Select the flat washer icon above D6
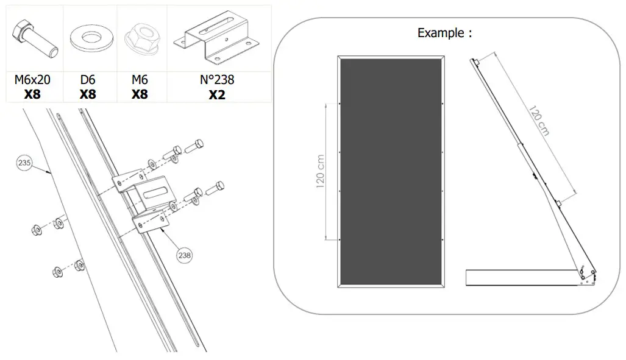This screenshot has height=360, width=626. (88, 40)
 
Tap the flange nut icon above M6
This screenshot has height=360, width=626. (140, 40)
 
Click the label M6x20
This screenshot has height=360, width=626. (32, 80)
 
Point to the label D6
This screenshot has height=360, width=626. (88, 80)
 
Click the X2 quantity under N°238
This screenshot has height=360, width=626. (218, 94)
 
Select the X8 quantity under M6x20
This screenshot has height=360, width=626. (32, 94)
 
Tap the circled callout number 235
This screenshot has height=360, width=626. (25, 163)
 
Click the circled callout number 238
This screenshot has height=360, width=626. (185, 256)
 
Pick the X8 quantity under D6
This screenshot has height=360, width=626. (88, 94)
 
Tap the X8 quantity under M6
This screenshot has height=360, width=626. (140, 94)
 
